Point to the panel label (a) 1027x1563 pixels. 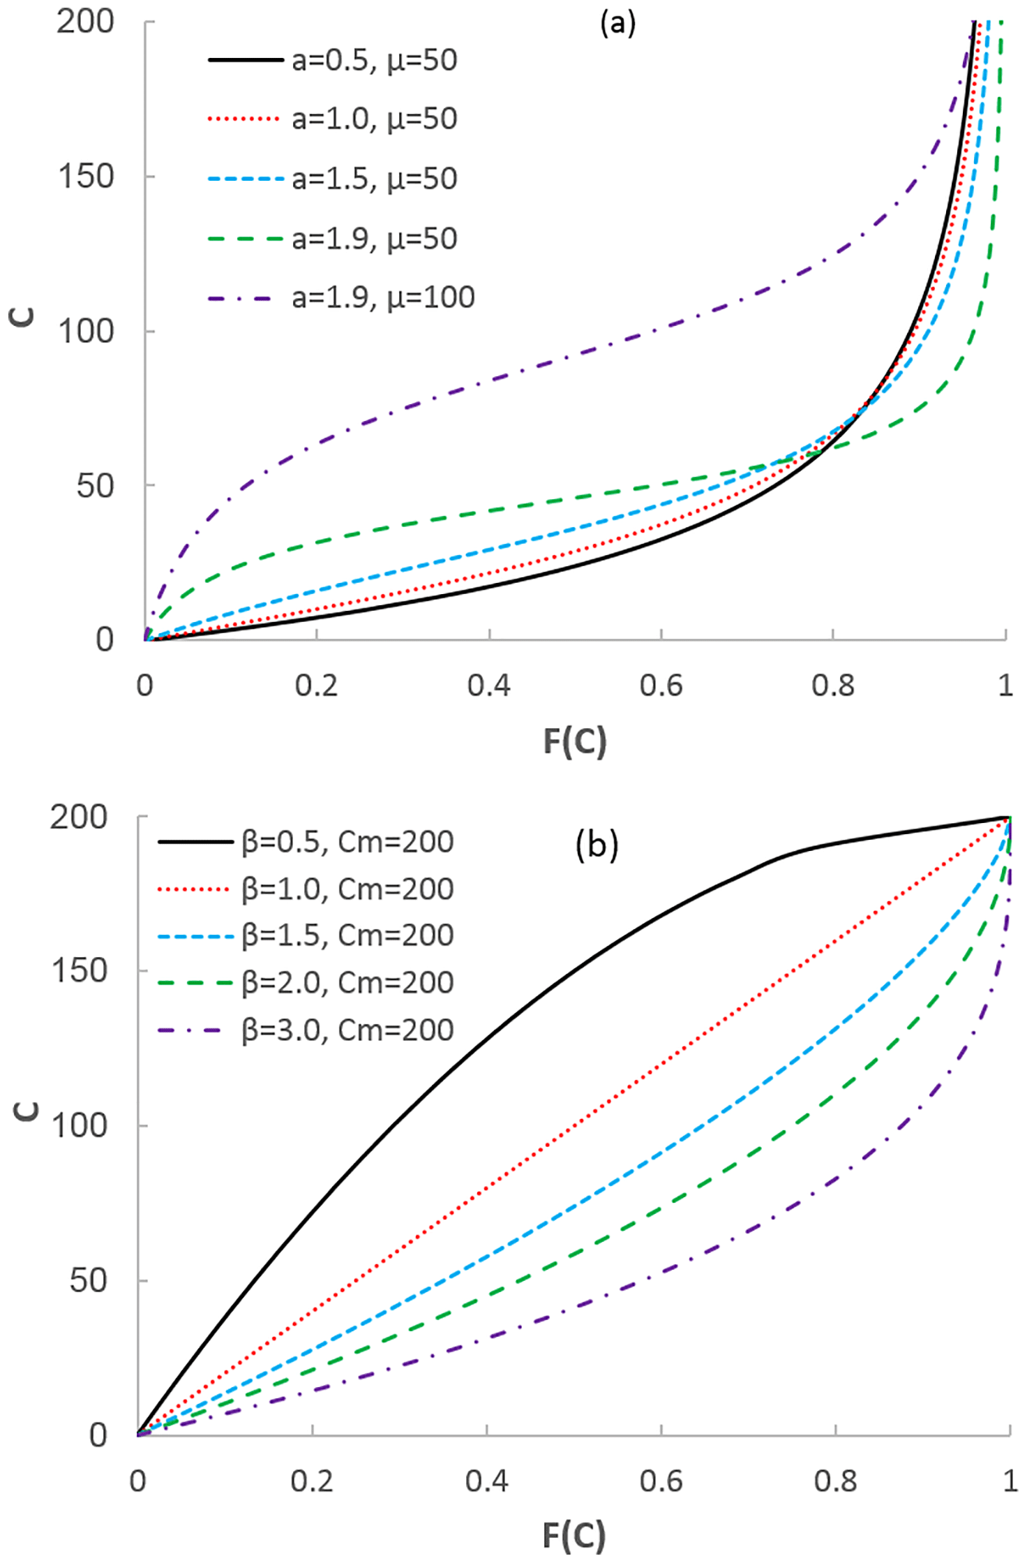tap(617, 24)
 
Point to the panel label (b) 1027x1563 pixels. tap(597, 845)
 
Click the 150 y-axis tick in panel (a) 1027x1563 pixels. tap(86, 177)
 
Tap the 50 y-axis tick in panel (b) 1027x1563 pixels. tap(89, 1281)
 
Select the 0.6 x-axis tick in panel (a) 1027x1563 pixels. tap(661, 686)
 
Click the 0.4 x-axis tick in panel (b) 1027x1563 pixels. tap(486, 1481)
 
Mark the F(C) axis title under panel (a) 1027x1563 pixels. tap(575, 741)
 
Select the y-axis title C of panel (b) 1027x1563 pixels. tap(27, 1110)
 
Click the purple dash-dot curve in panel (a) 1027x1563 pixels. tap(488, 380)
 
